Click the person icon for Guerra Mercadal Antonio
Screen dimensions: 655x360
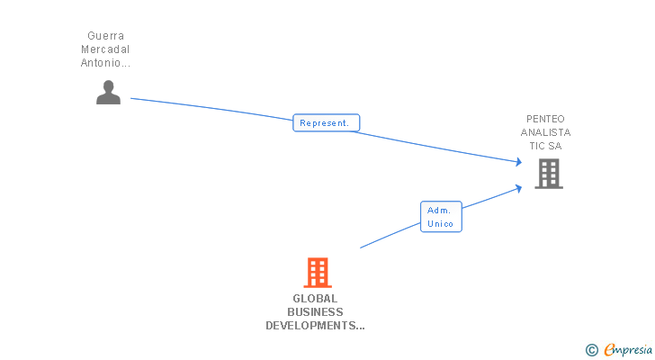coord(108,93)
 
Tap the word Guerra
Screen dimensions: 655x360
coord(106,36)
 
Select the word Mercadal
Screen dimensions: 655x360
coord(106,49)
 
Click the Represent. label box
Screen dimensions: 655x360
coord(326,123)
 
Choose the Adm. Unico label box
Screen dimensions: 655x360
coord(441,217)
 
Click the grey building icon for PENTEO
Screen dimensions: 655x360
coord(548,173)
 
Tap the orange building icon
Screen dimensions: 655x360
coord(317,272)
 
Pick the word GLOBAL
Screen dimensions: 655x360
coord(315,299)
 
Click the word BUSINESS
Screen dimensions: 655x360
coord(315,312)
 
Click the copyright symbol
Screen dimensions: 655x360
coord(591,349)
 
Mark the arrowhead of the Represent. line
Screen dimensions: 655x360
coord(519,162)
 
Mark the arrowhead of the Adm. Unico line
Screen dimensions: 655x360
coord(519,187)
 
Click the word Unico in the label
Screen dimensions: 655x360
coord(441,223)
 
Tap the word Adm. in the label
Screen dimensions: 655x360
coord(440,211)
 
